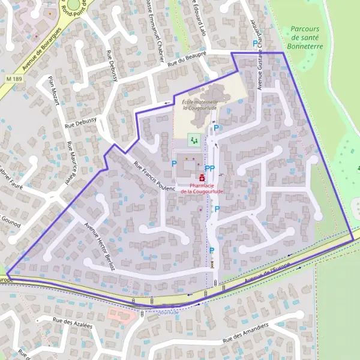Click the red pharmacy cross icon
pyautogui.click(x=202, y=178)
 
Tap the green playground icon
pyautogui.click(x=193, y=139)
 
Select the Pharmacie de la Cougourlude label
pyautogui.click(x=202, y=188)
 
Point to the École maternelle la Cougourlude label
pyautogui.click(x=199, y=106)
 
